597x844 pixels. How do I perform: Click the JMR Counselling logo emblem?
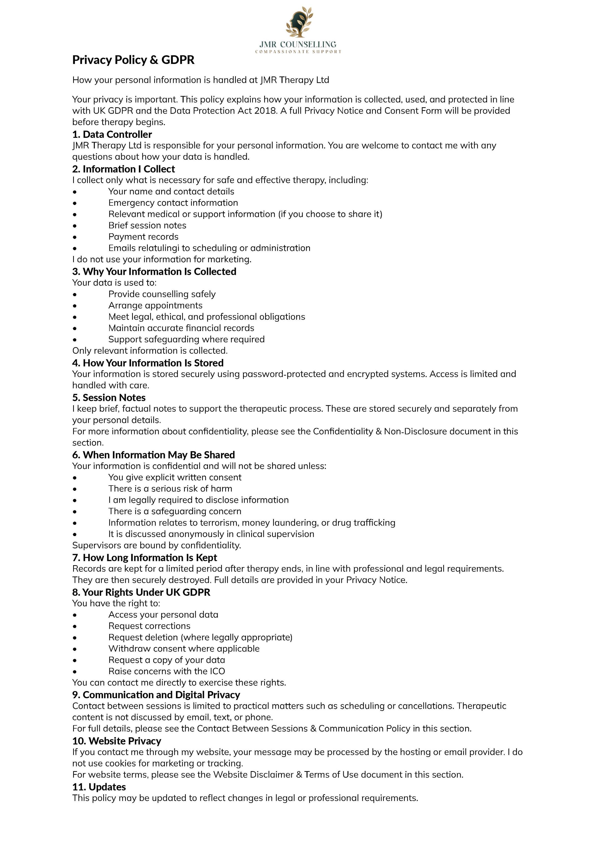299,22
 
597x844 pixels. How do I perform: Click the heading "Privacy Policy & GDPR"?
133,60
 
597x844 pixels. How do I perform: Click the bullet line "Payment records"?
143,237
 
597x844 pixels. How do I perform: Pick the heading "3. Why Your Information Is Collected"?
154,272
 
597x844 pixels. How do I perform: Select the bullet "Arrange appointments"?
155,305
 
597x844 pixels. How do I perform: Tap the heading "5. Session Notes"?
109,398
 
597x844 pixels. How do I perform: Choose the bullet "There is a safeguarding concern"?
175,511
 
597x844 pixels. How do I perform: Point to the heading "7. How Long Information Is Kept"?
145,558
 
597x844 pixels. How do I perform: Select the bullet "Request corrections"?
149,626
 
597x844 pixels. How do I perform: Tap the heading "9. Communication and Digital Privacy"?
156,695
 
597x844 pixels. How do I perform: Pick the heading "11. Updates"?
99,787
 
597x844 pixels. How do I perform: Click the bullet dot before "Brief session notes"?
75,226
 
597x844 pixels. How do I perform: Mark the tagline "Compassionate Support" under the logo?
298,52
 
